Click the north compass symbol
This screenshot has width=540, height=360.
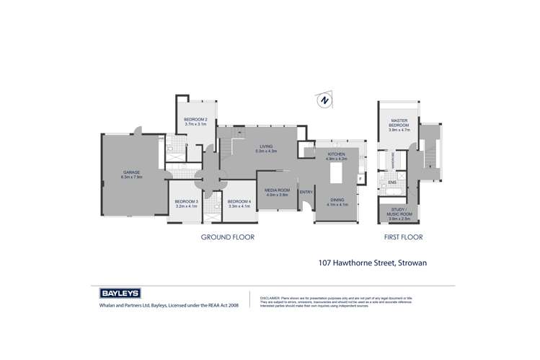tap(325, 100)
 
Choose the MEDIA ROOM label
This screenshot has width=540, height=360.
tap(277, 192)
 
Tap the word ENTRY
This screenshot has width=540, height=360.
tap(306, 191)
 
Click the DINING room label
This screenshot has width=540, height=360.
tap(337, 201)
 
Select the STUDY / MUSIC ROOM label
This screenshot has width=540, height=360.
tap(399, 213)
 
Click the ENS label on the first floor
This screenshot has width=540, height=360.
tap(392, 183)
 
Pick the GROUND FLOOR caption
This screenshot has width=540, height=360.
tap(228, 237)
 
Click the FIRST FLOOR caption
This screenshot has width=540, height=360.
tap(403, 237)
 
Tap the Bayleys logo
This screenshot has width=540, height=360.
tap(119, 294)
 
